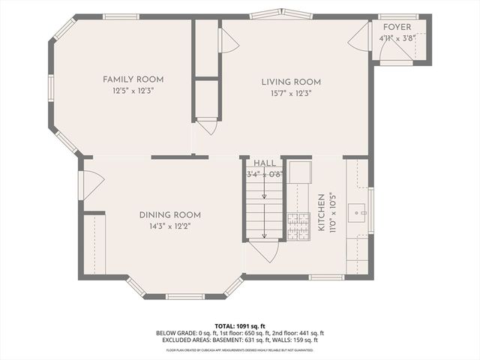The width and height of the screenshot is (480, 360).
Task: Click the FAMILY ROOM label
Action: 133,79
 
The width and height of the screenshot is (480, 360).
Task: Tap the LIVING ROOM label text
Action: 291,82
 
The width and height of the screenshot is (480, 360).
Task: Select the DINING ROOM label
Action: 169,215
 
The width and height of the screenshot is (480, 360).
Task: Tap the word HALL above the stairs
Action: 264,163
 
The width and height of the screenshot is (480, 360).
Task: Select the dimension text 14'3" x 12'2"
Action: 169,226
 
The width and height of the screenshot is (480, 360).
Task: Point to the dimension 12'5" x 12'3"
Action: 133,90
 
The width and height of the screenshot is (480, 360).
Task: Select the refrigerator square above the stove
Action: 300,173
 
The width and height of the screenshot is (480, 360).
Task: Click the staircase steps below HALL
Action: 265,210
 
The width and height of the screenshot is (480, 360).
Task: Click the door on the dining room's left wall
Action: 91,184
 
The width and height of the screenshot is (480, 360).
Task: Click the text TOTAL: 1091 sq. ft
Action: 239,326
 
